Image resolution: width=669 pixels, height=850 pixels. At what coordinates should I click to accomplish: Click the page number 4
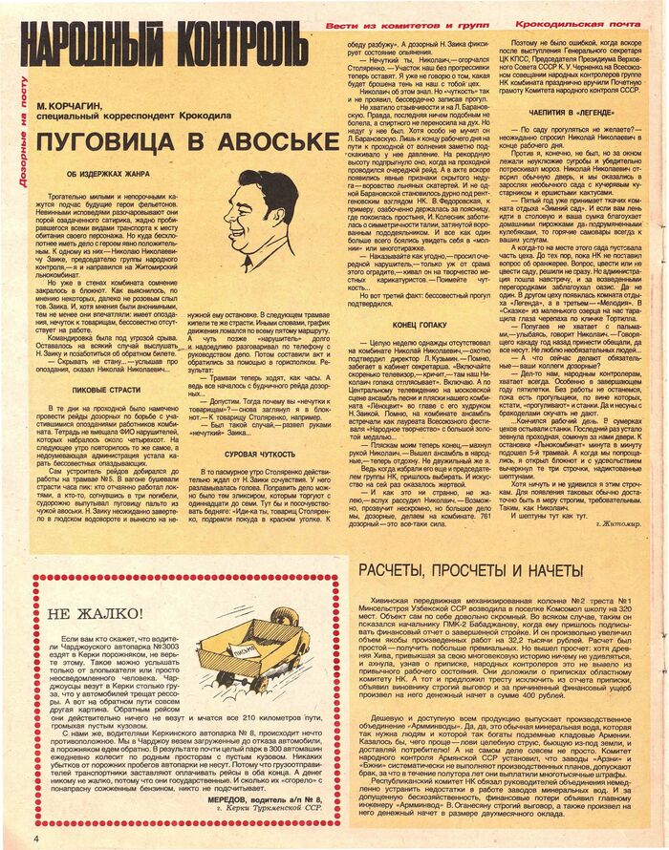(8, 838)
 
